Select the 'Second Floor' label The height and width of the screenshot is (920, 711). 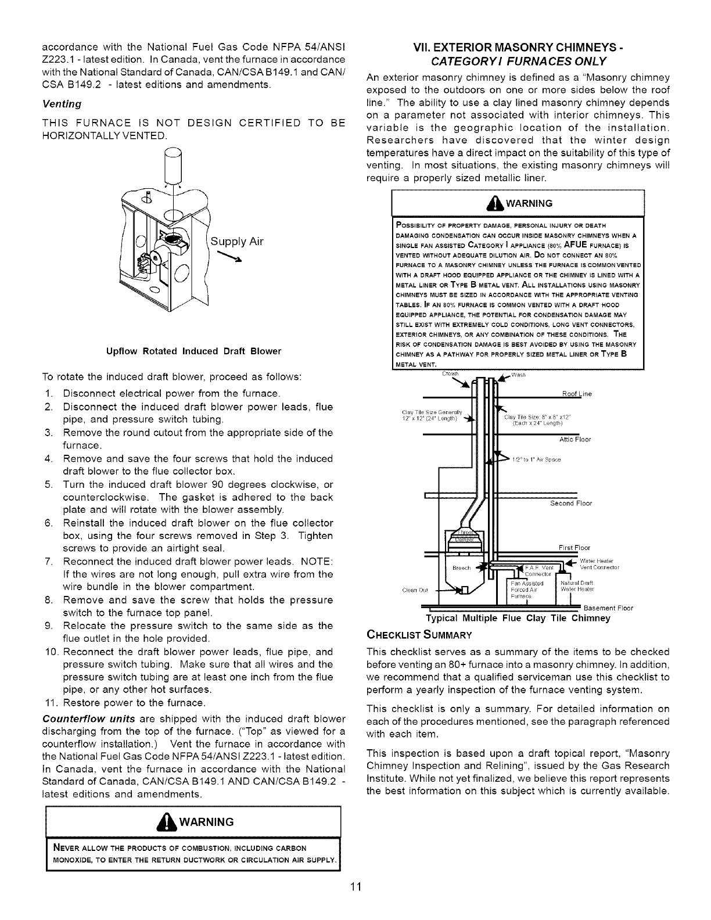pos(571,504)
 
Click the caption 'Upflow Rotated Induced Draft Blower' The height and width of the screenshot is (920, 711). pos(185,351)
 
